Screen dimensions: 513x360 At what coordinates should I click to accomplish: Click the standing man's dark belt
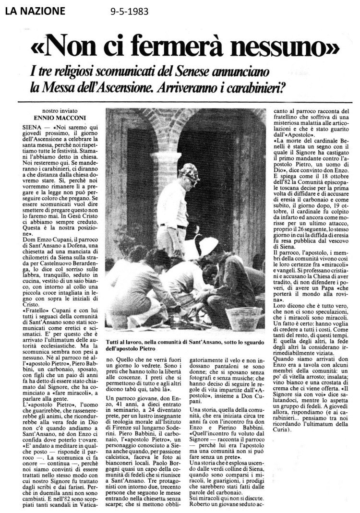[174, 226]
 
